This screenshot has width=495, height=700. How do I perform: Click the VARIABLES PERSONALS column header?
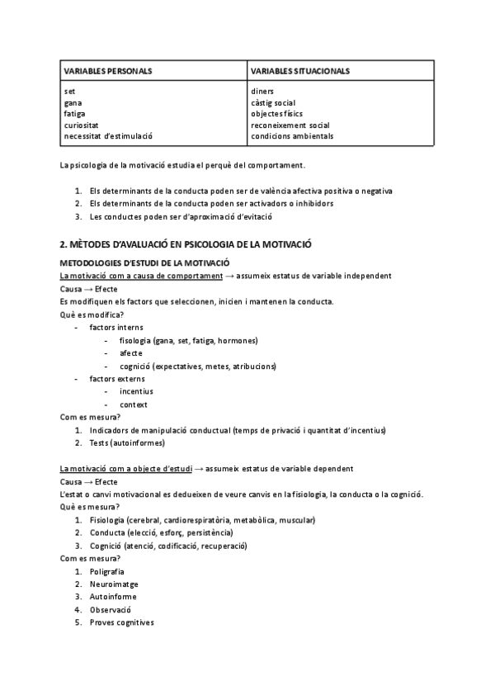pos(107,71)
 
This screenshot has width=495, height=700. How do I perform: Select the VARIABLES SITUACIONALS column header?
pos(300,71)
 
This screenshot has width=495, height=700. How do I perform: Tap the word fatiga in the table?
pos(74,113)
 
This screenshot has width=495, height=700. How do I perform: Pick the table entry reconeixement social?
pos(290,125)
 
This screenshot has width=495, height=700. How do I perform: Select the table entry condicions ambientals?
pos(292,136)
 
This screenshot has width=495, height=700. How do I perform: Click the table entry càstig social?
pos(273,102)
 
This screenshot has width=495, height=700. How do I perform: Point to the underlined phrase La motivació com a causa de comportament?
pos(141,275)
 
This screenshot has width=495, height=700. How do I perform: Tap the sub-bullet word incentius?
pos(136,391)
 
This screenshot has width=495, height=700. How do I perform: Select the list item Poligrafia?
pos(107,570)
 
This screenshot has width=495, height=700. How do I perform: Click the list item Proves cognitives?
pos(122,622)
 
